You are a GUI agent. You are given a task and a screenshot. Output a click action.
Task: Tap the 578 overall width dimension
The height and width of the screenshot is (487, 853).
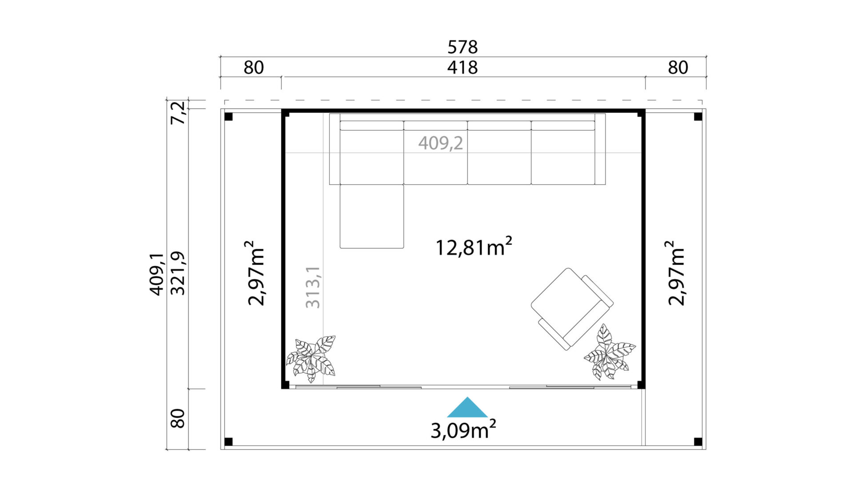pos(462,47)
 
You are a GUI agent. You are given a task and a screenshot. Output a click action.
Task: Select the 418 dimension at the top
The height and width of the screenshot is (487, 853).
pos(462,67)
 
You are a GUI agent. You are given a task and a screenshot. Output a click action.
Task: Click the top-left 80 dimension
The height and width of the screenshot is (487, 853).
pos(254,67)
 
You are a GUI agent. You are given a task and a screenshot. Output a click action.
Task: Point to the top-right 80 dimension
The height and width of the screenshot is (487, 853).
pos(678,67)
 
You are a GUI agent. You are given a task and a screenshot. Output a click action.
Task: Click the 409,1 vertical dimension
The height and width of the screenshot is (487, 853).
pos(156,274)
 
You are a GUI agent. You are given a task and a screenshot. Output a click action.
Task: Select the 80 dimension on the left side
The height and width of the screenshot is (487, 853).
pos(178,418)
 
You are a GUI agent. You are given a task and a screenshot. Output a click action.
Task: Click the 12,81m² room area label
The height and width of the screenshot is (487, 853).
pos(474,246)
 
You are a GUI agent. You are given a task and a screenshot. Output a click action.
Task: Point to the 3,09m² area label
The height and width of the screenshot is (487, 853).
pos(463,430)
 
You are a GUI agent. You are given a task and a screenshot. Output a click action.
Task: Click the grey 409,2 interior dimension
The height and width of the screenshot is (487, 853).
pos(440,143)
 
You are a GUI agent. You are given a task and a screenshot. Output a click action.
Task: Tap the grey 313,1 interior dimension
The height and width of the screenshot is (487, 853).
pos(313,287)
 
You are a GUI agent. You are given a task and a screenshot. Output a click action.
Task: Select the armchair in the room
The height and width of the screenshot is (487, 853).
pos(572,309)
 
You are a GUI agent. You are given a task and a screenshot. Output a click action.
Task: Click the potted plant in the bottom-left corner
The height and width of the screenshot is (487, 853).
pos(311,359)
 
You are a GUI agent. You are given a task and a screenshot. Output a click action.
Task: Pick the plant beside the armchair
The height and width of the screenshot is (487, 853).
pos(610,352)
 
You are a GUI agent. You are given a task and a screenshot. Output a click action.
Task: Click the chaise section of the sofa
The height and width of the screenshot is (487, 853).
pos(372,216)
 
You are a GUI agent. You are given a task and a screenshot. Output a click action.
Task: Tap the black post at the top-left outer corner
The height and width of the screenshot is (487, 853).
pos(228,117)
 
